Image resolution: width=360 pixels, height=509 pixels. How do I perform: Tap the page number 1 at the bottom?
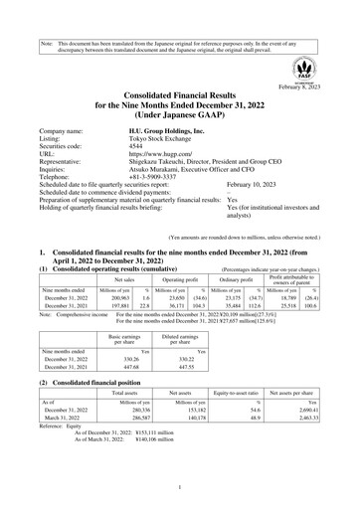click(179, 487)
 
